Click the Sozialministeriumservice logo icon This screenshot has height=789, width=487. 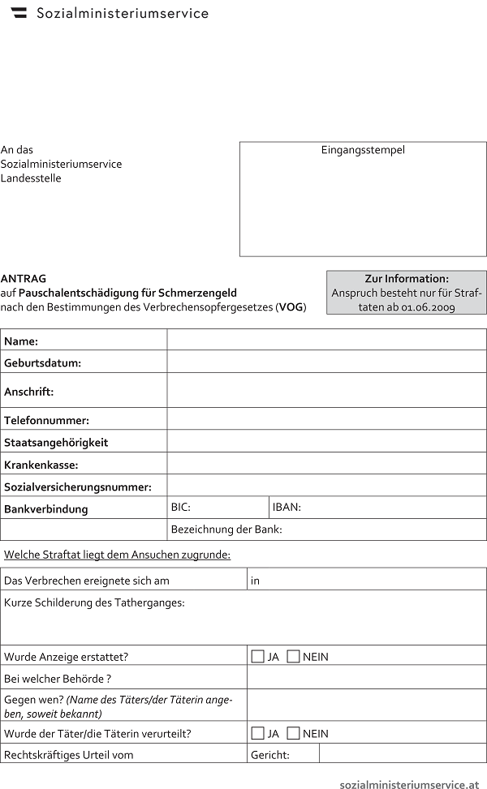tap(19, 13)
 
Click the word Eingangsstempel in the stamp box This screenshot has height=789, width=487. tap(363, 150)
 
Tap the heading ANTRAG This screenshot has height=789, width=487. tap(24, 278)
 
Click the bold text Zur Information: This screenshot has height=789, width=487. tap(407, 278)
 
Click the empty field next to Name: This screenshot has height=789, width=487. tap(326, 340)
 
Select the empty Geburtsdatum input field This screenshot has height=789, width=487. tap(326, 362)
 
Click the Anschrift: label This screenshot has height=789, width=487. tap(29, 392)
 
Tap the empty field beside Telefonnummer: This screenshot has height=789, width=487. tap(326, 419)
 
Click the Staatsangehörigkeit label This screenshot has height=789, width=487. tap(56, 443)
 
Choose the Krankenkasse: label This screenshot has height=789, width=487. tap(41, 465)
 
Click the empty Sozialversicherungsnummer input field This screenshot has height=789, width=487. tap(326, 486)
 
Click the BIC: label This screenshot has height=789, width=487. tap(181, 508)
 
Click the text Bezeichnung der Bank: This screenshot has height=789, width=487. tap(226, 530)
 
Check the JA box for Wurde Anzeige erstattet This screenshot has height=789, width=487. tap(258, 657)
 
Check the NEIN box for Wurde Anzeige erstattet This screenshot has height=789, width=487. tap(294, 657)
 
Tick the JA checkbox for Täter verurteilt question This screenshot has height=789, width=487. tap(258, 734)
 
